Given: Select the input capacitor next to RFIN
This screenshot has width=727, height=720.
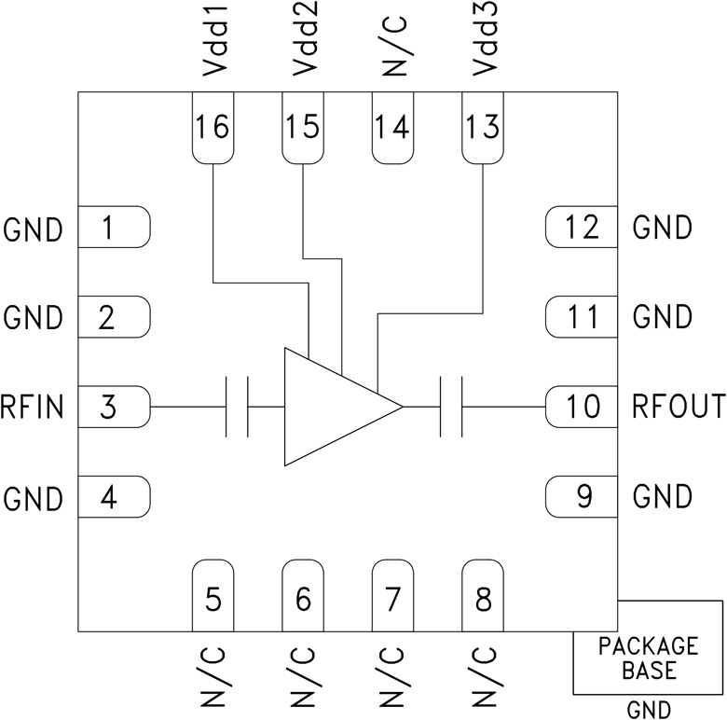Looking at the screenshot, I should tap(238, 408).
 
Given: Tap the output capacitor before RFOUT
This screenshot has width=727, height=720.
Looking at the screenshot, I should tap(451, 408).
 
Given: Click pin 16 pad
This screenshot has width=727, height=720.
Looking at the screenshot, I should tap(213, 128).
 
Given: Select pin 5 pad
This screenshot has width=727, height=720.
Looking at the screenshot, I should tap(213, 597).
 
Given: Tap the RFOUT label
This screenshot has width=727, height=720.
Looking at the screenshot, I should tap(678, 408).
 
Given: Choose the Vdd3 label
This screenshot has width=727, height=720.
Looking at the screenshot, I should tap(485, 45).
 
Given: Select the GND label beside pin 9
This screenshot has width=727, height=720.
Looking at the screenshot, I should tap(662, 497).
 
